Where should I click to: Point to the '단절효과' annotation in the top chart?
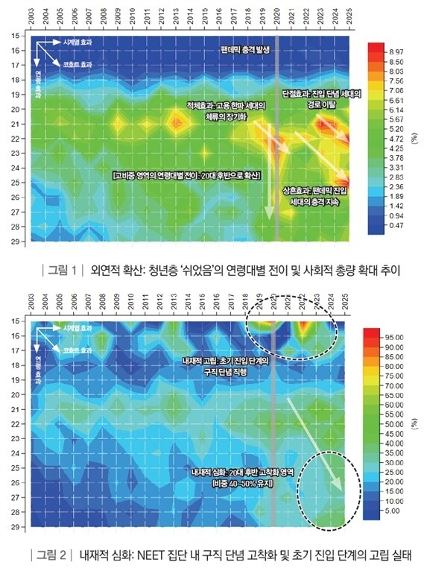(x=298, y=95)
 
